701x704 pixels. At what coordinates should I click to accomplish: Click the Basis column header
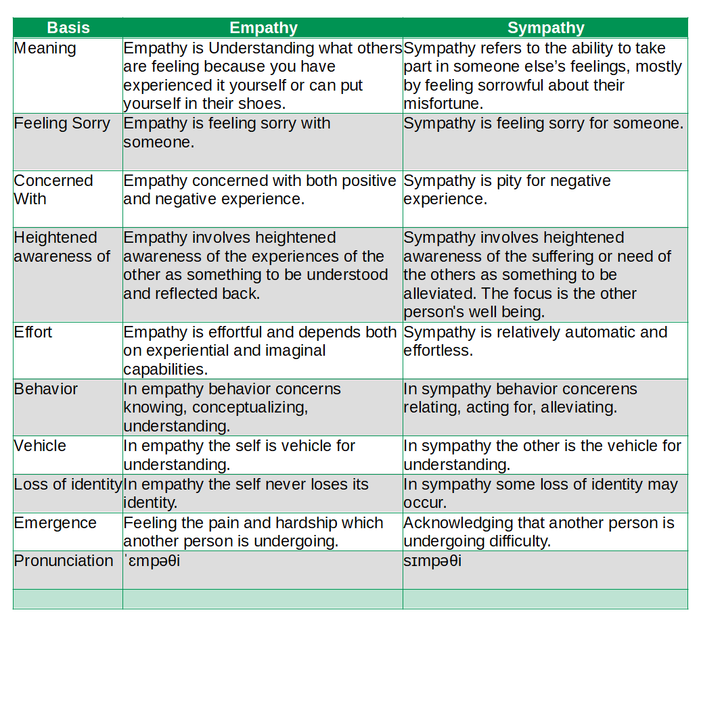click(x=68, y=28)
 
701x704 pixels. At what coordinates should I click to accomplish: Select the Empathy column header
click(x=263, y=28)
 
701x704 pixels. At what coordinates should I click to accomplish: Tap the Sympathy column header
click(x=545, y=28)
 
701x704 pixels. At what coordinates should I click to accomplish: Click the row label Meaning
click(x=45, y=49)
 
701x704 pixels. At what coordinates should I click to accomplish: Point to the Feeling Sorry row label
click(x=62, y=124)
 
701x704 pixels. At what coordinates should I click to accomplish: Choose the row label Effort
click(x=33, y=332)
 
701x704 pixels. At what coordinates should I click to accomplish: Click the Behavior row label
click(x=45, y=390)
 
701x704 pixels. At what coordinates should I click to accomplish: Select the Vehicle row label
click(x=40, y=446)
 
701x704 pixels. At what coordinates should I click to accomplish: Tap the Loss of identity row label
click(x=68, y=485)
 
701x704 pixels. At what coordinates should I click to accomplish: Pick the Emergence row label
click(x=55, y=523)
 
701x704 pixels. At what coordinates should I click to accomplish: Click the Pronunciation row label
click(x=64, y=561)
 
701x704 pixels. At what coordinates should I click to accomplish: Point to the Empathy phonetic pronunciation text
click(x=152, y=562)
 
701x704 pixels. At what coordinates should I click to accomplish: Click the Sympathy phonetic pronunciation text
click(x=432, y=562)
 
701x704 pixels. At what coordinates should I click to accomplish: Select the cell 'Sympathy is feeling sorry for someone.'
click(x=543, y=124)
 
